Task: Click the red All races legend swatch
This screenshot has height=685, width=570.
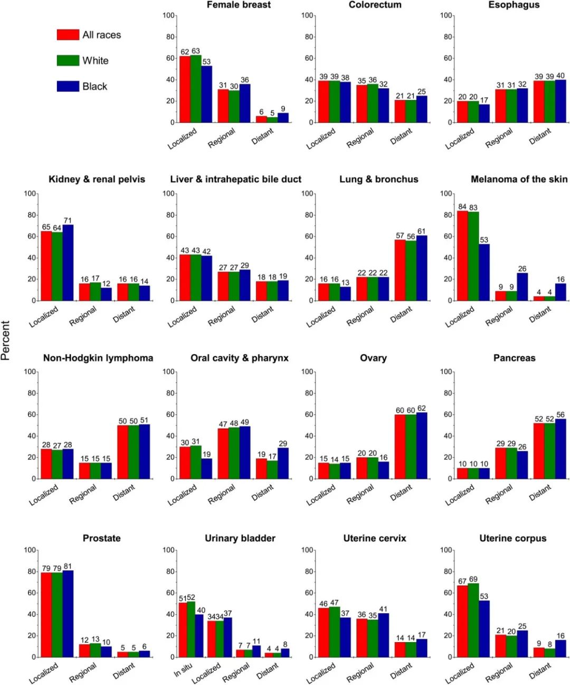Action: (x=68, y=35)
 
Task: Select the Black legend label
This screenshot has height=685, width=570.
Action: (x=94, y=87)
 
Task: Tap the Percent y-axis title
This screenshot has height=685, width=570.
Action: (x=6, y=340)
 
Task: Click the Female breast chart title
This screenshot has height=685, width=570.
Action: (x=239, y=5)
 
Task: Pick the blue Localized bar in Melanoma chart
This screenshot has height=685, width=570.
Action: (x=484, y=272)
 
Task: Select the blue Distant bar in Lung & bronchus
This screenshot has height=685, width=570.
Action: (x=422, y=268)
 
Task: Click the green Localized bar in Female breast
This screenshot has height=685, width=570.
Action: (x=196, y=89)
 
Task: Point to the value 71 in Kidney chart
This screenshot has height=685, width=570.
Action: (x=68, y=220)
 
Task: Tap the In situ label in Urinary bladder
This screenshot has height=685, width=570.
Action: (x=183, y=670)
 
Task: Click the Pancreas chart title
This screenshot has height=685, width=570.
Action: (x=514, y=358)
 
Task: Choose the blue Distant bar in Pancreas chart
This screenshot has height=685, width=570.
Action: (x=560, y=449)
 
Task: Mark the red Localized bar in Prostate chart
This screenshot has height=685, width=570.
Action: (x=46, y=615)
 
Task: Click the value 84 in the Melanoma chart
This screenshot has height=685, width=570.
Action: (x=462, y=207)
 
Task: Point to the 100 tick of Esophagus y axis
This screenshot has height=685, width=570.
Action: (x=446, y=15)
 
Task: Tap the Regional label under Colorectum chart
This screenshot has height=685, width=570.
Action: (x=360, y=137)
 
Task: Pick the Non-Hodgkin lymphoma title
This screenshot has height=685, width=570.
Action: (x=98, y=358)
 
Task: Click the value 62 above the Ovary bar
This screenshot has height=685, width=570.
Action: (x=421, y=408)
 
